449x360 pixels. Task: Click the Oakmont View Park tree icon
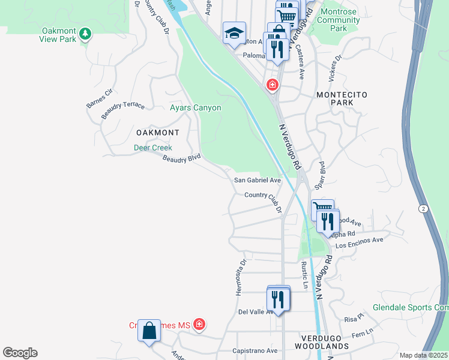click(x=86, y=33)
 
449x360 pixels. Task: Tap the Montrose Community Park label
click(x=339, y=20)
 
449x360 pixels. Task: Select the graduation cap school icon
click(x=234, y=33)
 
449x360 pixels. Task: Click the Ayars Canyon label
click(x=196, y=108)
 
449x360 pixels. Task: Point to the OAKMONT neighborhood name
click(x=158, y=132)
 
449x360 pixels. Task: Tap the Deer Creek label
click(x=152, y=148)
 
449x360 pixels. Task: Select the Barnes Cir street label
click(x=100, y=98)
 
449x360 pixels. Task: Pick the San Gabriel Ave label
click(x=258, y=180)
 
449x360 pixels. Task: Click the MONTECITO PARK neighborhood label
click(x=341, y=100)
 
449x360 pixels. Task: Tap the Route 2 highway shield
click(x=424, y=208)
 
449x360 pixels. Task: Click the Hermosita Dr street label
click(x=241, y=277)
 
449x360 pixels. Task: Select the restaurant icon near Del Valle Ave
click(x=278, y=298)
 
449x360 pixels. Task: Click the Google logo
click(x=20, y=353)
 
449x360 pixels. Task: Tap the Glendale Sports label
click(x=410, y=307)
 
